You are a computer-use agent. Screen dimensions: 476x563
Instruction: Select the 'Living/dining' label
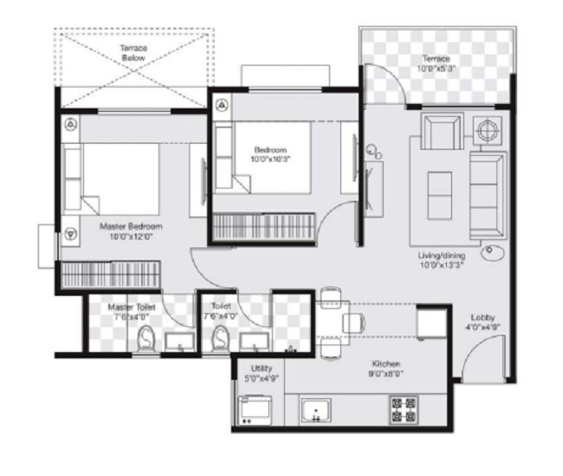point(442,256)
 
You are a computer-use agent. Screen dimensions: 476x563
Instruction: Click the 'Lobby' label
point(483,317)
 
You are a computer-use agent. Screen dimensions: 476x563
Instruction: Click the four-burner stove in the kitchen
point(405,409)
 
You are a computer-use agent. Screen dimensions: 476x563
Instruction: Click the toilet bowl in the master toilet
point(146,339)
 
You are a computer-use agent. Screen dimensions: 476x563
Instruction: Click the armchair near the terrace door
point(442,132)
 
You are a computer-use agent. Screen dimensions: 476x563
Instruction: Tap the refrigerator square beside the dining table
point(431,325)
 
